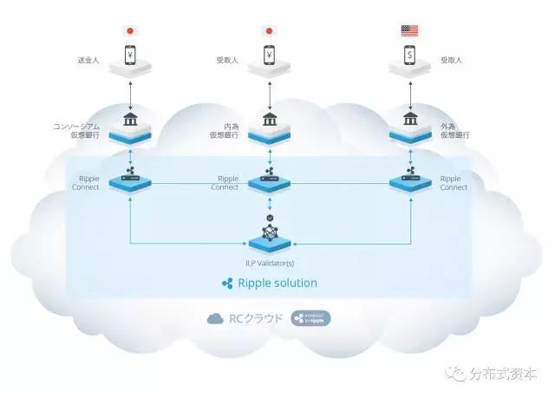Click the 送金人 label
coord(90,62)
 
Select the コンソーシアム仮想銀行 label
coord(79,132)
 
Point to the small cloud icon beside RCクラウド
coord(215,318)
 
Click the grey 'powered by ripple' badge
coord(310,318)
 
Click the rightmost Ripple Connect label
coord(454,183)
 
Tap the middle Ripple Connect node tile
coord(270,183)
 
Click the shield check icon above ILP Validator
coord(270,208)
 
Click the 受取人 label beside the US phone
coord(451,62)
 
